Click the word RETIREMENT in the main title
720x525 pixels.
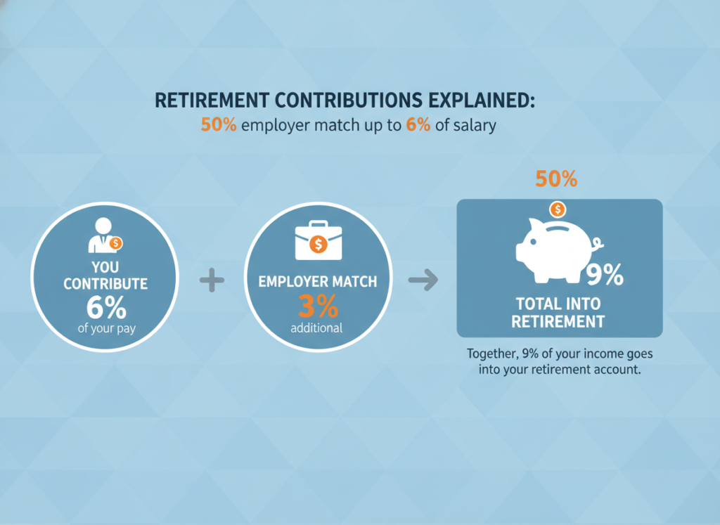(212, 100)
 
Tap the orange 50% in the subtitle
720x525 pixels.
(219, 125)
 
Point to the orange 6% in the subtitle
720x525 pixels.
(418, 125)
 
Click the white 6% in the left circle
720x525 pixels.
(106, 307)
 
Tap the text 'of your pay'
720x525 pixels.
(107, 329)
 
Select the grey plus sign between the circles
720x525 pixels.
(212, 280)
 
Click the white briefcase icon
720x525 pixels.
(319, 240)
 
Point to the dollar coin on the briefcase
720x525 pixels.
(319, 244)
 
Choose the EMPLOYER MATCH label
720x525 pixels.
(318, 281)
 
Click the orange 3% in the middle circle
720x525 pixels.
(319, 306)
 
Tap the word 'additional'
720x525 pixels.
(316, 328)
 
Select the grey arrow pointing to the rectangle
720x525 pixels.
(423, 280)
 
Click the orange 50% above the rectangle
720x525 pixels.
(556, 179)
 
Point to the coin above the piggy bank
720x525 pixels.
(558, 209)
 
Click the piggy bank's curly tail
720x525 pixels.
(598, 245)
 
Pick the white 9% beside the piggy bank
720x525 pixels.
(605, 275)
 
